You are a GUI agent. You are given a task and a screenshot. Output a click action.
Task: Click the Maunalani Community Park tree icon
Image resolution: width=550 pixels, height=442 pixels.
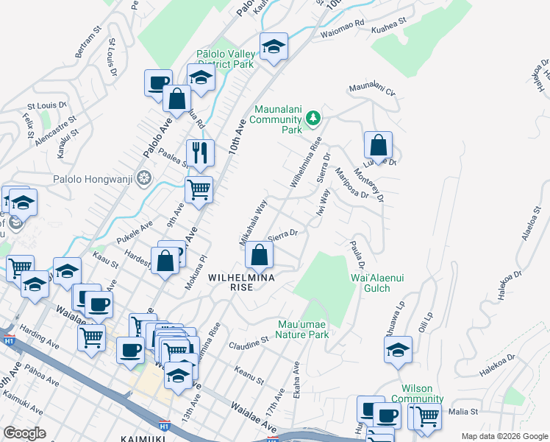click(314, 118)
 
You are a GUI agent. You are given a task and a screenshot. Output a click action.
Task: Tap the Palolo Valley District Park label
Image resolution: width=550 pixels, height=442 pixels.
click(225, 59)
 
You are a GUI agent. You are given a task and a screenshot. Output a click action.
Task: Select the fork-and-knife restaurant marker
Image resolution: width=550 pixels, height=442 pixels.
click(200, 153)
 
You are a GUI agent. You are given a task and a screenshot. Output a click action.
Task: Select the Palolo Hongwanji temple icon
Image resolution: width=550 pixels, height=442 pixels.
click(145, 179)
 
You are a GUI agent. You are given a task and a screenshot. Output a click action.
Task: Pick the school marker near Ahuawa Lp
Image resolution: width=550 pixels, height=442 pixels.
click(398, 349)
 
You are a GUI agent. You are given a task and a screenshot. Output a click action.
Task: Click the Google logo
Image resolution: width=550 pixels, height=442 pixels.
click(25, 433)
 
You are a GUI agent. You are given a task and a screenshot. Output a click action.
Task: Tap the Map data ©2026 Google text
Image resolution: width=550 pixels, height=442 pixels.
click(504, 435)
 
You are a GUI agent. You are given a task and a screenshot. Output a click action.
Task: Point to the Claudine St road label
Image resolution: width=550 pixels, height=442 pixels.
click(249, 344)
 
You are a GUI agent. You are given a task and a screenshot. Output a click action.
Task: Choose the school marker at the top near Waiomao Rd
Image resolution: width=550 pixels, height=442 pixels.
click(274, 46)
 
